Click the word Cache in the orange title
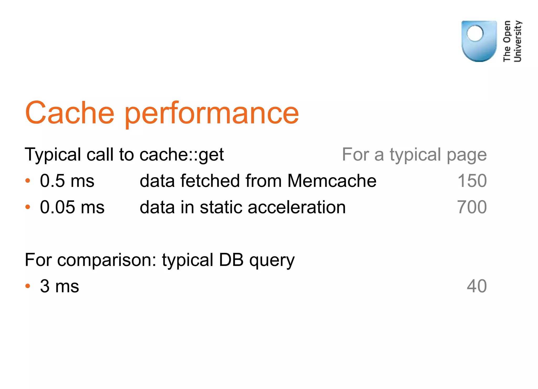point(70,113)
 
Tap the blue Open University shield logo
point(479,41)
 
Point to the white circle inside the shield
point(475,33)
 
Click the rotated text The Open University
point(512,41)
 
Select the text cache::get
point(182,155)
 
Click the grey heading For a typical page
point(414,155)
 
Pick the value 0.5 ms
point(67,181)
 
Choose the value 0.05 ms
point(72,207)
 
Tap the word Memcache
point(332,181)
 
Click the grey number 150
point(472,181)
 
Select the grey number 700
point(472,207)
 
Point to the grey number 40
point(477,286)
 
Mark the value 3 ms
point(59,286)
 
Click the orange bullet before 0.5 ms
point(28,181)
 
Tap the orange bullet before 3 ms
point(28,286)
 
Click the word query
point(272,260)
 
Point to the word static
point(221,207)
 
